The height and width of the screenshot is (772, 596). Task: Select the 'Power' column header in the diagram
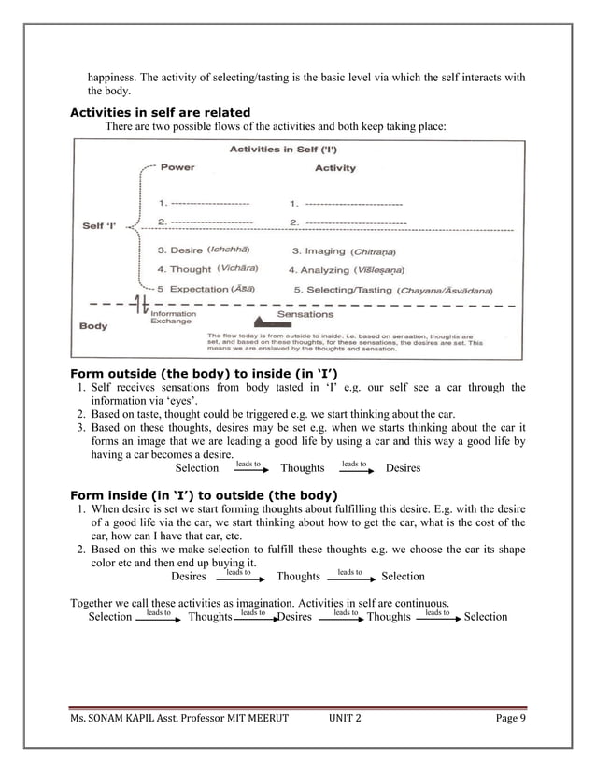click(x=177, y=168)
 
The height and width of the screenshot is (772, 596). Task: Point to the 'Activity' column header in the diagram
click(x=334, y=168)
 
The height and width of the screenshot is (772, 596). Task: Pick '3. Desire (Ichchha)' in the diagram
click(x=202, y=250)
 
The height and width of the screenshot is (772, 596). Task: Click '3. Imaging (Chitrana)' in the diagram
click(x=345, y=250)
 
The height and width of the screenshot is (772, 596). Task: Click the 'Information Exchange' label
click(x=173, y=317)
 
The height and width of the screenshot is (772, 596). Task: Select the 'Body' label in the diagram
click(x=92, y=327)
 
